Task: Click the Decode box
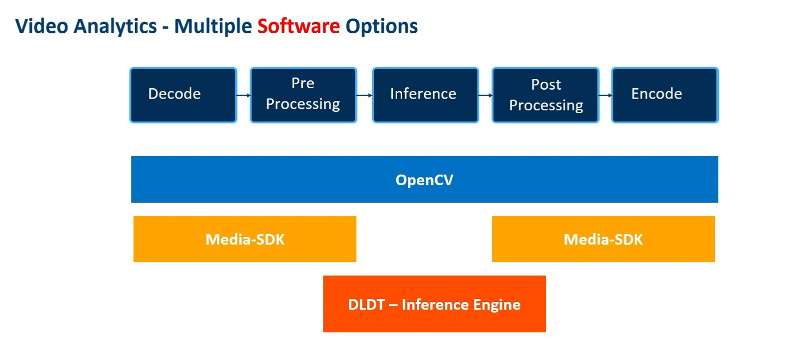coord(183,95)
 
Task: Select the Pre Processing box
coord(303,95)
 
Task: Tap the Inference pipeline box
coord(425,95)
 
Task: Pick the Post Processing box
coord(545,95)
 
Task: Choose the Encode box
coord(665,95)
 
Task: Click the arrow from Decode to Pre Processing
coord(243,95)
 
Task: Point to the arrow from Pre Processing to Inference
coord(364,95)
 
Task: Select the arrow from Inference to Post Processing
coord(485,95)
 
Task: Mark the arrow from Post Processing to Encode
coord(605,95)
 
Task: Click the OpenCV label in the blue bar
coord(424,180)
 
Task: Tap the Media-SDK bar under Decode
coord(245,239)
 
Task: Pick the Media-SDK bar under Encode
coord(603,239)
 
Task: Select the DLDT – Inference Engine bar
coord(434,304)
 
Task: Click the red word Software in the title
coord(299,26)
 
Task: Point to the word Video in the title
coord(41,26)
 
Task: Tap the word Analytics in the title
coord(115,26)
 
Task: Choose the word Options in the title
coord(381,26)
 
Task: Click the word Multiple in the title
coord(213,26)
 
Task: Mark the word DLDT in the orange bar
coord(366,305)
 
